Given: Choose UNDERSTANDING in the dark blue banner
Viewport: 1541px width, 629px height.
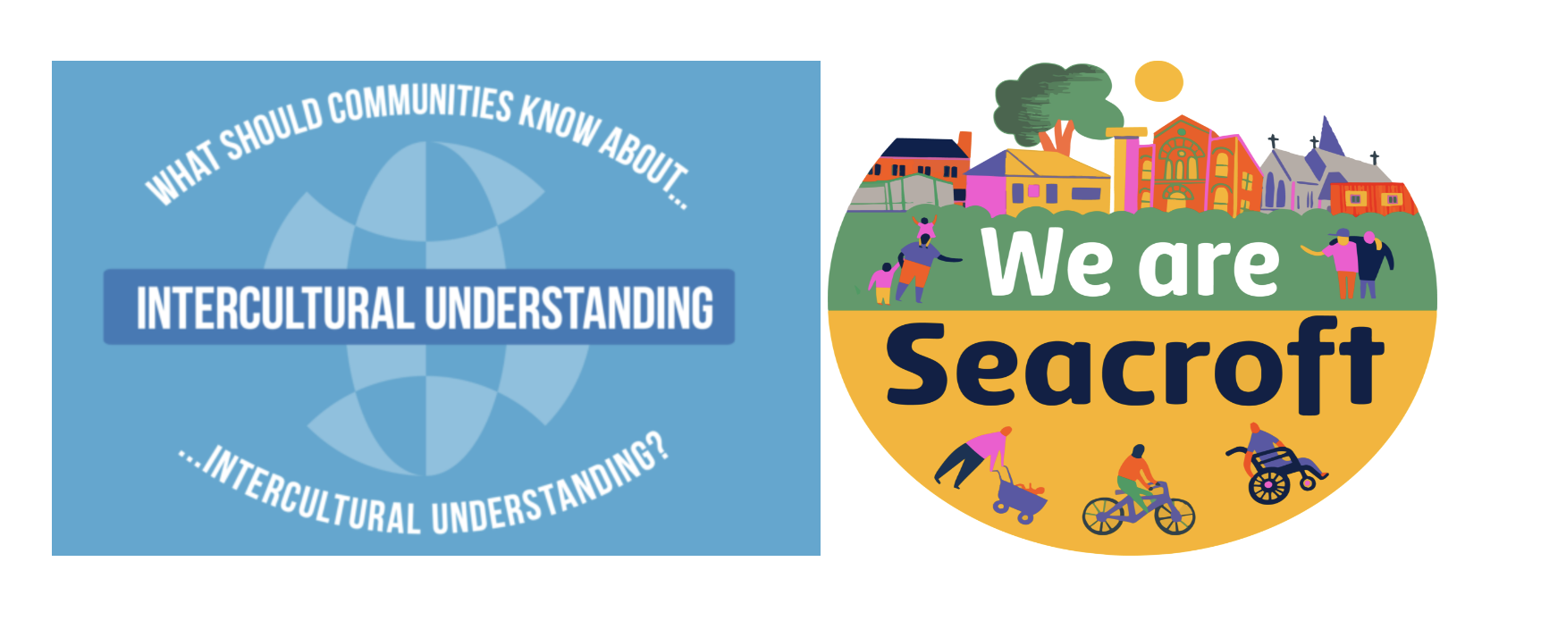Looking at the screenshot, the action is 569,308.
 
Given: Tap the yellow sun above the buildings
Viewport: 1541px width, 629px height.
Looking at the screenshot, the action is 1158,81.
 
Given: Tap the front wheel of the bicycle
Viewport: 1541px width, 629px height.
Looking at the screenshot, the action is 1174,516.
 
